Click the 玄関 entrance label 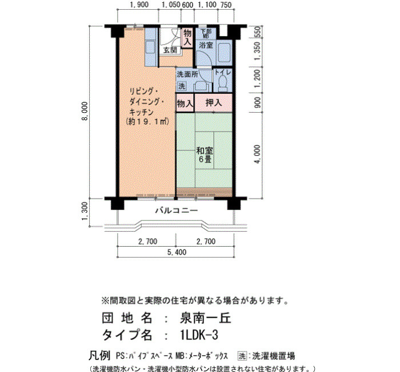170,50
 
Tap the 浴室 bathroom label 206,45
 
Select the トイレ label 222,72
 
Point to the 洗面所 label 187,74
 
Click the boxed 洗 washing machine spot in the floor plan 182,86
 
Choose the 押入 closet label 214,102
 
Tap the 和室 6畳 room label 205,155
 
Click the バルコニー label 177,211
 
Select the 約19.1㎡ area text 147,121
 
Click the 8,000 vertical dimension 85,111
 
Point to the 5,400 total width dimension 177,252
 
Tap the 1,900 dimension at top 139,5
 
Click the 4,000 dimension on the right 258,154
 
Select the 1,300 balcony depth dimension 85,211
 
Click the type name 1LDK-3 199,335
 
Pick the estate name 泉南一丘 205,318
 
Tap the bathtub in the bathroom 225,53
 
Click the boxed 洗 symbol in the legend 243,355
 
